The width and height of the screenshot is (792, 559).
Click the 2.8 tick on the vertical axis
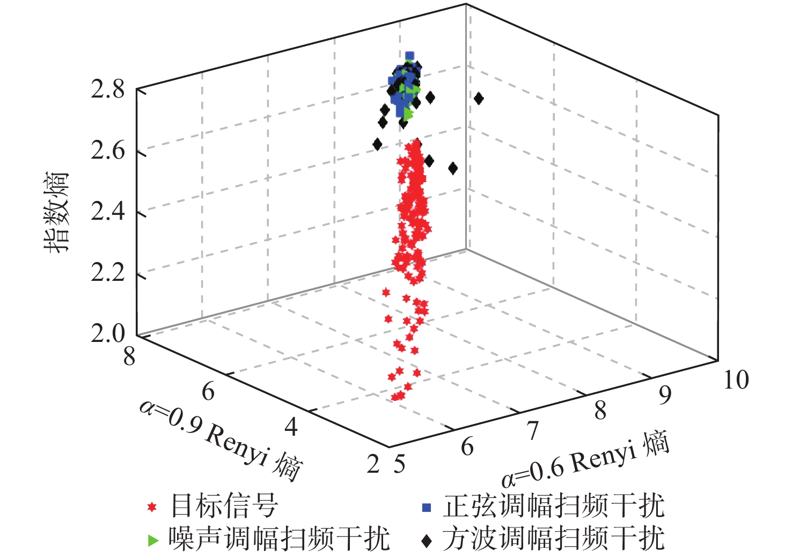[107, 89]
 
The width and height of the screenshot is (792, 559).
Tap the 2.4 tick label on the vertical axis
[107, 212]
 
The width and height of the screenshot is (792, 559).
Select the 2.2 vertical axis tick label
[107, 273]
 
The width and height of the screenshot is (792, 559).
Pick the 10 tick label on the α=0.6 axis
[736, 380]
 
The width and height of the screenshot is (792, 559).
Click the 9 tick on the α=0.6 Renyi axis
[665, 396]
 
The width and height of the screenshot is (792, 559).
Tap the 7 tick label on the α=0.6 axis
[532, 430]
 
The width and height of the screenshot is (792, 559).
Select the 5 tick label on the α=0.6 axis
[399, 464]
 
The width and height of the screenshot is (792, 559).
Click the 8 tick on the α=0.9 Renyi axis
[129, 356]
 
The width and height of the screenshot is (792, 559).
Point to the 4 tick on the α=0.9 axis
[291, 427]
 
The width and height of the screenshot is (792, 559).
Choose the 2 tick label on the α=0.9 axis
[373, 464]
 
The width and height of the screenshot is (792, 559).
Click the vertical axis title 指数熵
[57, 212]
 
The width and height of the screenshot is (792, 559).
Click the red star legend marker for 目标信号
[152, 506]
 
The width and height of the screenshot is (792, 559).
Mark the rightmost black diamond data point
[479, 98]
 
